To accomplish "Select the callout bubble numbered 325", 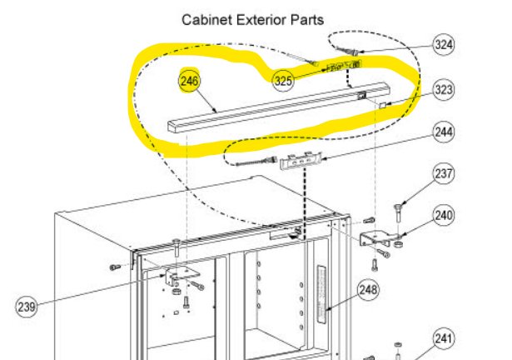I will (x=284, y=81).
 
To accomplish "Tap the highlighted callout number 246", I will (x=190, y=81).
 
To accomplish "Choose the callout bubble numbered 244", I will (x=443, y=132).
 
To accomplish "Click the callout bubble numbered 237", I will (x=444, y=174).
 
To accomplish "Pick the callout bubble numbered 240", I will (x=443, y=215).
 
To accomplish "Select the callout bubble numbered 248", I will (x=369, y=291).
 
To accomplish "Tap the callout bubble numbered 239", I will (x=27, y=307).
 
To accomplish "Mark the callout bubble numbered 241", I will (x=445, y=338).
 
